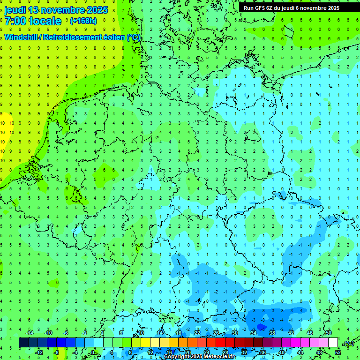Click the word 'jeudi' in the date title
click(x=15, y=10)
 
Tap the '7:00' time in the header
click(x=15, y=21)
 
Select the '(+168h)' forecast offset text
click(x=83, y=21)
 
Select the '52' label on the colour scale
click(x=338, y=352)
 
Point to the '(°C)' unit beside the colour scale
click(x=348, y=343)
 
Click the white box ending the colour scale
click(x=333, y=343)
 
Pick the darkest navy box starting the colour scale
click(x=23, y=343)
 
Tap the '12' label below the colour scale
click(x=150, y=352)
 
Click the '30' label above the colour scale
click(x=234, y=333)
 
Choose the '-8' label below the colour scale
click(x=57, y=352)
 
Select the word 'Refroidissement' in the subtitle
click(x=72, y=37)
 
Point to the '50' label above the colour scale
click(x=328, y=333)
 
